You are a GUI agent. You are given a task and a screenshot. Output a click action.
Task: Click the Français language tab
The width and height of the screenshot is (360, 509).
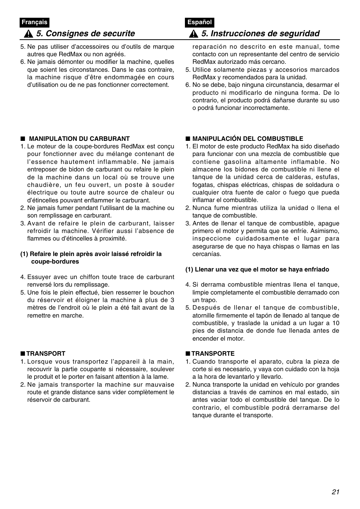pyautogui.click(x=34, y=22)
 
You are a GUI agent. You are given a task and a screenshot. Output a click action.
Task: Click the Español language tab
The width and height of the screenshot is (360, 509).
pyautogui.click(x=200, y=22)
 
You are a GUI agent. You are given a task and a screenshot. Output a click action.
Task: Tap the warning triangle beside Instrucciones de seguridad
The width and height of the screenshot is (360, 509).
pyautogui.click(x=194, y=34)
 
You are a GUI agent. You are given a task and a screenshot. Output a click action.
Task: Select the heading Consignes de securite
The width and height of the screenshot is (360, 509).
pyautogui.click(x=85, y=34)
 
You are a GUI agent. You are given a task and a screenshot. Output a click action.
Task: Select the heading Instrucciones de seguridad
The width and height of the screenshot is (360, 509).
pyautogui.click(x=260, y=34)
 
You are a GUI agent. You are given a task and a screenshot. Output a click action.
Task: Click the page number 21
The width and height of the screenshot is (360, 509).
pyautogui.click(x=336, y=492)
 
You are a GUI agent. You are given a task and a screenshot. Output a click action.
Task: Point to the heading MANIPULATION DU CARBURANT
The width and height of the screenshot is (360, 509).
pyautogui.click(x=79, y=139)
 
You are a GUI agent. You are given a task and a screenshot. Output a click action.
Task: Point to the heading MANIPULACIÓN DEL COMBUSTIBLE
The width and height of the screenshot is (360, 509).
pyautogui.click(x=248, y=139)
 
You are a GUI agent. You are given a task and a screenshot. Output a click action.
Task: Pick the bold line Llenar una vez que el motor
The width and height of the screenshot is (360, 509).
pyautogui.click(x=257, y=269)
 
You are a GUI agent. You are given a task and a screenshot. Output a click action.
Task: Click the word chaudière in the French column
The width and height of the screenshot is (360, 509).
pyautogui.click(x=42, y=185)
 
